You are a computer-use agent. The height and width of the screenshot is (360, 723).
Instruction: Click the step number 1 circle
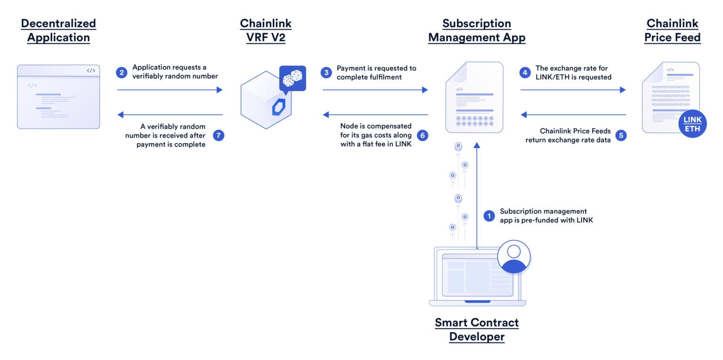[x=489, y=216]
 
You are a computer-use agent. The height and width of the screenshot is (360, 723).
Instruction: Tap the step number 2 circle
[x=122, y=72]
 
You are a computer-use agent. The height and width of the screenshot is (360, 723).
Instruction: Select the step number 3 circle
[x=326, y=72]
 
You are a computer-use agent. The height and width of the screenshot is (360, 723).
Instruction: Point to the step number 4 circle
[x=525, y=72]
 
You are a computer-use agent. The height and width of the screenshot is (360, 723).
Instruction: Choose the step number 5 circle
[x=621, y=136]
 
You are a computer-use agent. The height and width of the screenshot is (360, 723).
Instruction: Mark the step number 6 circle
[x=422, y=136]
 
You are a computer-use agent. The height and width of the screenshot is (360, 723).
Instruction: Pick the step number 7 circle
[x=218, y=136]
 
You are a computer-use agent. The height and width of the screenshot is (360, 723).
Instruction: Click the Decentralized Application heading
[x=58, y=31]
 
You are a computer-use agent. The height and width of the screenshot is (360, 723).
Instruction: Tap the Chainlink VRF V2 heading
[x=265, y=31]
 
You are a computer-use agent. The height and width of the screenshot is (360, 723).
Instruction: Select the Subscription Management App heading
[x=476, y=31]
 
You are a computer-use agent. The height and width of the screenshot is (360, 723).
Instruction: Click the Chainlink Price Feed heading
[x=673, y=31]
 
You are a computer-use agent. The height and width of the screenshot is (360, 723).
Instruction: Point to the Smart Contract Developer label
[x=476, y=329]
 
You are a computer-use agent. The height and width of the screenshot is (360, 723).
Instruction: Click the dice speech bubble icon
[x=292, y=79]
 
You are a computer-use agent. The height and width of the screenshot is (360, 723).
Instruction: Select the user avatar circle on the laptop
[x=514, y=257]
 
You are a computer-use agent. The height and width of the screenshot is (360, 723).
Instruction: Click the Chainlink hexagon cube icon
[x=265, y=100]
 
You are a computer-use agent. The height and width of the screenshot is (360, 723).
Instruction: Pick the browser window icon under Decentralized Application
[x=58, y=96]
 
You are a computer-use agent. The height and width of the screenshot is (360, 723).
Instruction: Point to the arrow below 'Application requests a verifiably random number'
[x=169, y=90]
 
